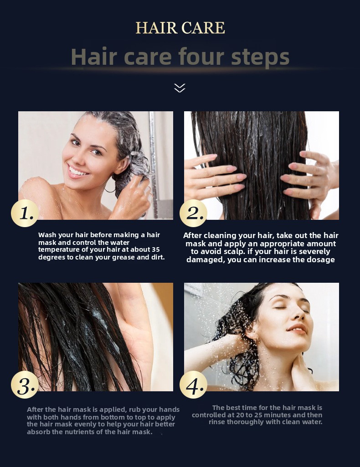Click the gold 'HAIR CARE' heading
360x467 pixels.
point(180,28)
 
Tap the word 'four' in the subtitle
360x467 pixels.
point(201,56)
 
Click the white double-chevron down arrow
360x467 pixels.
point(180,88)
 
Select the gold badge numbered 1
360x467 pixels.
point(25,213)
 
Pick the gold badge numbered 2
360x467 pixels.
point(193,213)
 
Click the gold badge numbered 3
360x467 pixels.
point(25,384)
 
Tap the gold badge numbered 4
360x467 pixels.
point(193,384)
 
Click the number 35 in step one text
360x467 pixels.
point(155,249)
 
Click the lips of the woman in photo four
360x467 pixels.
point(297,329)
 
